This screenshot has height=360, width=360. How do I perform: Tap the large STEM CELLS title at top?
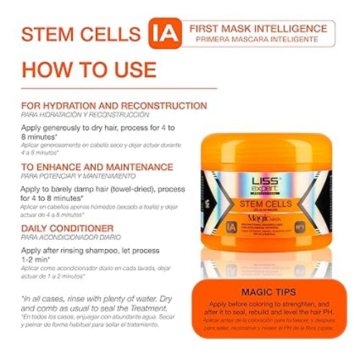[x=81, y=34]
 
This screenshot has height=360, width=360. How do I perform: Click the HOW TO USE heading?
[x=88, y=69]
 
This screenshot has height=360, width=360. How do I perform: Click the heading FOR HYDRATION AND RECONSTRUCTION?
[x=114, y=105]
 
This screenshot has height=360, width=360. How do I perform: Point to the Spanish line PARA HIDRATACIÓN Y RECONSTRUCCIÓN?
[x=85, y=114]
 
